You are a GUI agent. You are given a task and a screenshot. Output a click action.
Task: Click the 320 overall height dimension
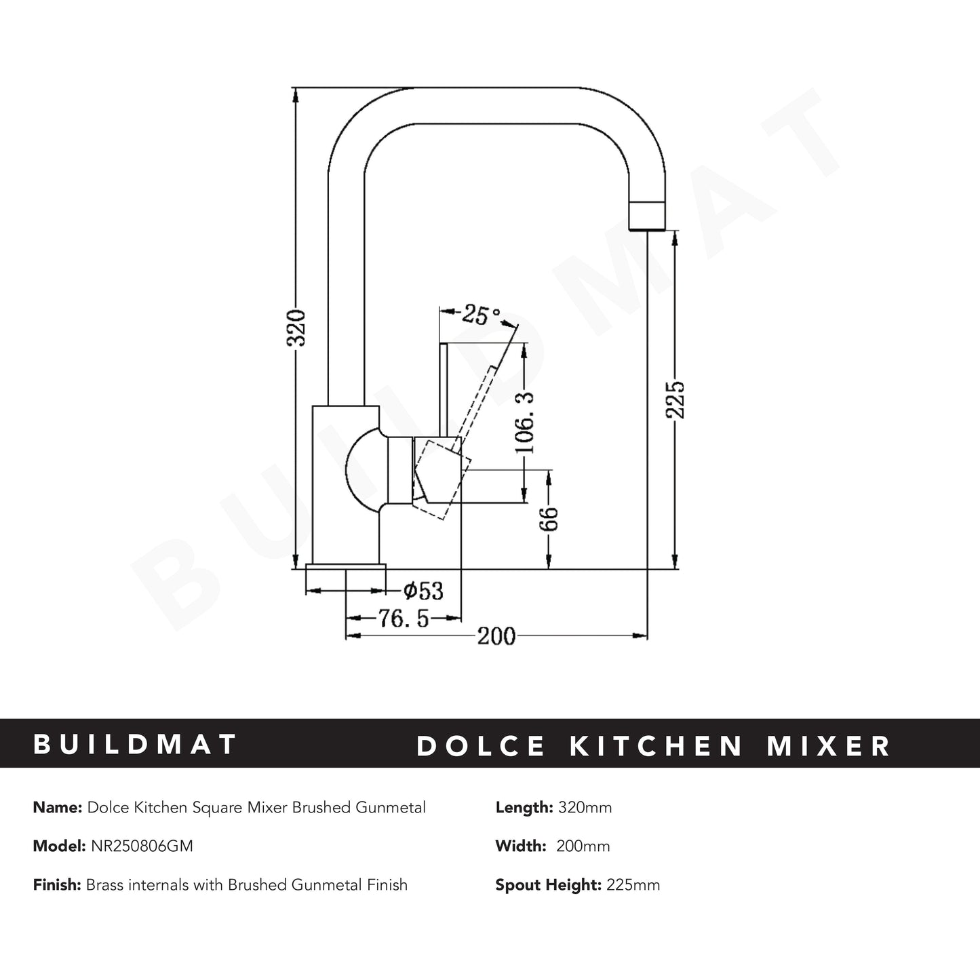pyautogui.click(x=296, y=328)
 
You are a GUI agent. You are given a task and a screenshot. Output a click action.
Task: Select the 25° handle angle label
pyautogui.click(x=481, y=314)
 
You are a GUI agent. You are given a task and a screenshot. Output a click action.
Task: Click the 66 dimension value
pyautogui.click(x=549, y=519)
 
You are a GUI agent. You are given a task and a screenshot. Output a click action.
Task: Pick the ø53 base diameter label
pyautogui.click(x=423, y=591)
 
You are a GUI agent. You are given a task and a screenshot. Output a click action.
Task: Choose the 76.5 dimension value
pyautogui.click(x=404, y=619)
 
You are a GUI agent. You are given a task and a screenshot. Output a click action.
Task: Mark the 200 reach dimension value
pyautogui.click(x=496, y=637)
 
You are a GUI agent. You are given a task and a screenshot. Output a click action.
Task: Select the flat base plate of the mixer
pyautogui.click(x=346, y=566)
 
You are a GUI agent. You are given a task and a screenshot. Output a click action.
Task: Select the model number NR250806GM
pyautogui.click(x=141, y=846)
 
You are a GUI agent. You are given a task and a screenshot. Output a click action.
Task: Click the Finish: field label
pyautogui.click(x=58, y=885)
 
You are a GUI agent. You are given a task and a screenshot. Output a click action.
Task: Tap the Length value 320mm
pyautogui.click(x=585, y=808)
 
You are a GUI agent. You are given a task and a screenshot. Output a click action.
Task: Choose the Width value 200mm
pyautogui.click(x=583, y=846)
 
